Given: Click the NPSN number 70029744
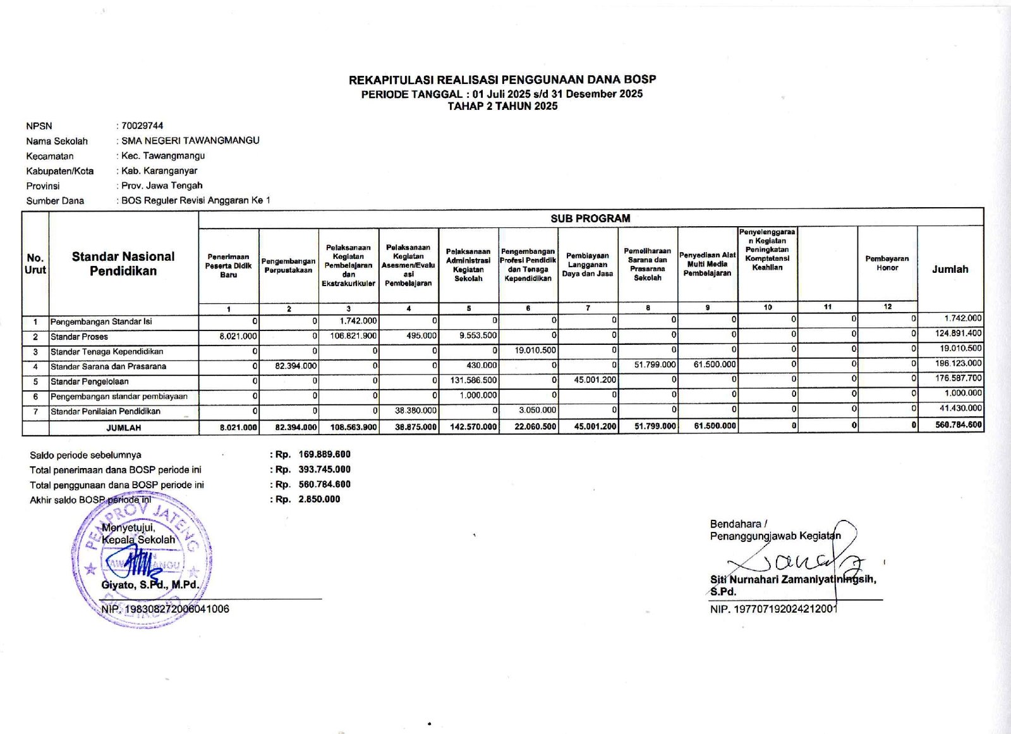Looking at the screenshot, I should [142, 126].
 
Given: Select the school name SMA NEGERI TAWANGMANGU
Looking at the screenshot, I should [190, 140].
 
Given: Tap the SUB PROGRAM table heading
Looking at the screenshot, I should [590, 218].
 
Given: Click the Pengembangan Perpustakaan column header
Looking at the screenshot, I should [288, 265].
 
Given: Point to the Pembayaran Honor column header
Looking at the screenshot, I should [887, 263].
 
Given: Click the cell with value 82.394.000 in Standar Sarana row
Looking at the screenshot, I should [296, 366].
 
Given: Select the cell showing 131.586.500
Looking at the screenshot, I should [473, 381].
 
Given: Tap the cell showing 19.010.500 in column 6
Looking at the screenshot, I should [535, 350].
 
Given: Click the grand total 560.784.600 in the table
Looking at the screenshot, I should [959, 425].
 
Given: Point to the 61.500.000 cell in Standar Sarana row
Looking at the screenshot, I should [714, 364].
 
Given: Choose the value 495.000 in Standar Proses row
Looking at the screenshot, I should [421, 335].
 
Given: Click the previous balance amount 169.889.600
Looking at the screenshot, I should [324, 454].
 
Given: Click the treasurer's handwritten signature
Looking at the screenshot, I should [796, 559].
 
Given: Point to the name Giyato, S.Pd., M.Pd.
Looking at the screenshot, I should [150, 585].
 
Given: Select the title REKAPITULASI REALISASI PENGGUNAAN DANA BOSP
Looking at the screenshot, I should [502, 80].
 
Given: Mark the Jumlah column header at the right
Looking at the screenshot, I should [950, 269].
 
